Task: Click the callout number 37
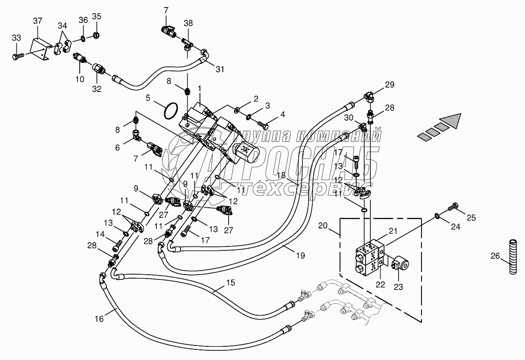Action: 37,21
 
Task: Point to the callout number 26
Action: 504,257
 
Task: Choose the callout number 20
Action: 322,226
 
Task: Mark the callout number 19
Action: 300,256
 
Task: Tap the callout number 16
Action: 99,319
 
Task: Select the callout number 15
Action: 230,283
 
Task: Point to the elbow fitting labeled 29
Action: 370,97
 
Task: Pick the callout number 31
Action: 220,69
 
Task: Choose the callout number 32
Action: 97,89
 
